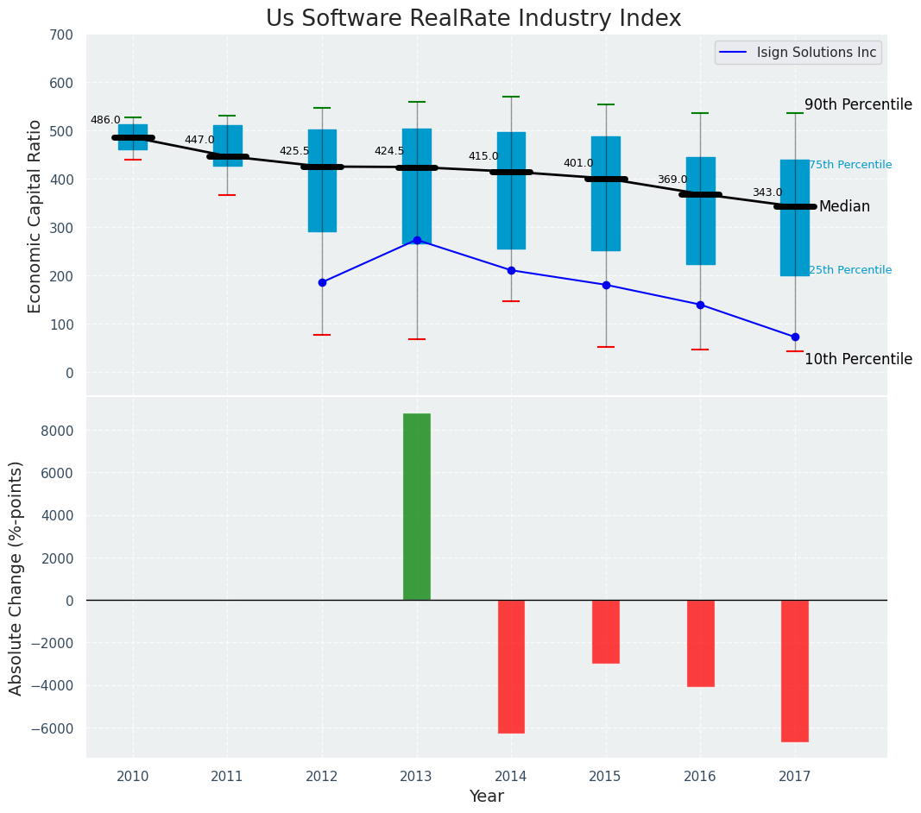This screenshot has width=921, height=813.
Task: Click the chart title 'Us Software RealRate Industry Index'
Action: (473, 19)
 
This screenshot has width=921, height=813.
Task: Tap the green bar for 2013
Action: (417, 507)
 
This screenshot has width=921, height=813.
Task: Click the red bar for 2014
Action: (511, 666)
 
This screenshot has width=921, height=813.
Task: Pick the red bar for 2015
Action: (606, 631)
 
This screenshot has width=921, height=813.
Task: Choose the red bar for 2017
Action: (795, 671)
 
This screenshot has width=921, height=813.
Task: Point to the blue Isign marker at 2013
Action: (417, 240)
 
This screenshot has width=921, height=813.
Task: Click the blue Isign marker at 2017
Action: (795, 337)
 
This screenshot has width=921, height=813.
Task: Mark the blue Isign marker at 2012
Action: (322, 282)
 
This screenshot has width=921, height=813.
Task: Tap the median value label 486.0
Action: (105, 120)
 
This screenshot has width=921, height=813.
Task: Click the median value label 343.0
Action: (767, 192)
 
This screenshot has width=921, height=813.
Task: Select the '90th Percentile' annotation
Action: (858, 104)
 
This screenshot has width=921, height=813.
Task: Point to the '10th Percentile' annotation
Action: (858, 359)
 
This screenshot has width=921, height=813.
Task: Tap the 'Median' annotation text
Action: (844, 207)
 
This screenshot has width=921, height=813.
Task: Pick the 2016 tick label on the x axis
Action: (700, 776)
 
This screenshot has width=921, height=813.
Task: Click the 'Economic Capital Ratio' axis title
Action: (35, 216)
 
